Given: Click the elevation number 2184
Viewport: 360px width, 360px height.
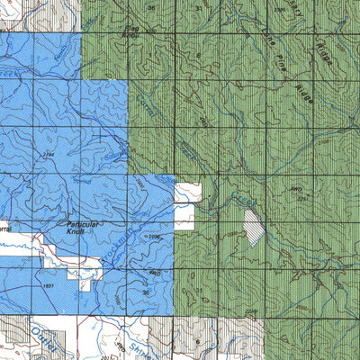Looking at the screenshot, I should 48,155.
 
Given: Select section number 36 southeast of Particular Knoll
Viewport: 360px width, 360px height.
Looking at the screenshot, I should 146,292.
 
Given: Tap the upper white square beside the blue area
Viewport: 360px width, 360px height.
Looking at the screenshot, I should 187,192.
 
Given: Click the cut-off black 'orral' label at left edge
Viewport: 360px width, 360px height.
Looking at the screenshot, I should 4,229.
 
